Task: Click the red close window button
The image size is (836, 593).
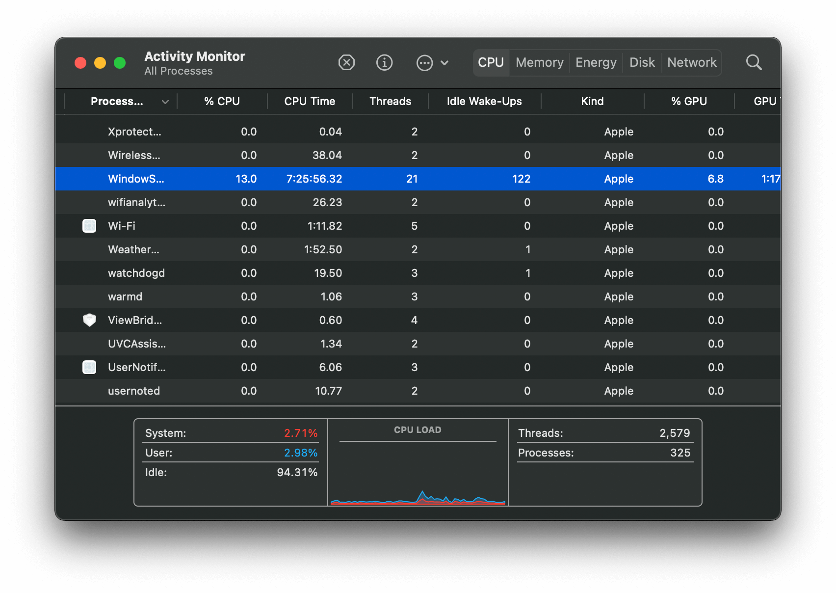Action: tap(80, 63)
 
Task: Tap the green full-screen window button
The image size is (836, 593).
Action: tap(120, 63)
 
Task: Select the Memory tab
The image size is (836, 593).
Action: tap(539, 62)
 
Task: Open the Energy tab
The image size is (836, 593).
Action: tap(596, 62)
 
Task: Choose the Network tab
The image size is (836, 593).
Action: tap(692, 62)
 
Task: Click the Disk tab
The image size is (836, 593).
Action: tap(642, 62)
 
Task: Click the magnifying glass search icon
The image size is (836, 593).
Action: tap(754, 62)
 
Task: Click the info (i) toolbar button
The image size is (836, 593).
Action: tap(384, 62)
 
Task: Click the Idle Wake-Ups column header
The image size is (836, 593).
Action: tap(484, 101)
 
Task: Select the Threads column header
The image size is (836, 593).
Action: tap(390, 101)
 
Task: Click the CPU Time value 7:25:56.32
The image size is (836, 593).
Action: tap(314, 179)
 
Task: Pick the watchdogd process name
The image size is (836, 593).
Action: tap(136, 273)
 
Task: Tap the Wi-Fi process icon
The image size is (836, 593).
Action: tap(89, 226)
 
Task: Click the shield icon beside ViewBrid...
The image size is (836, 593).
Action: tap(89, 320)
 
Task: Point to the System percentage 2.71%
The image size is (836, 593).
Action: tap(300, 433)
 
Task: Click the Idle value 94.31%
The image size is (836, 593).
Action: tap(297, 472)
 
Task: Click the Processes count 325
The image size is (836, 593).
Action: tap(680, 453)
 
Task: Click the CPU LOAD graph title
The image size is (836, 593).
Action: tap(418, 430)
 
